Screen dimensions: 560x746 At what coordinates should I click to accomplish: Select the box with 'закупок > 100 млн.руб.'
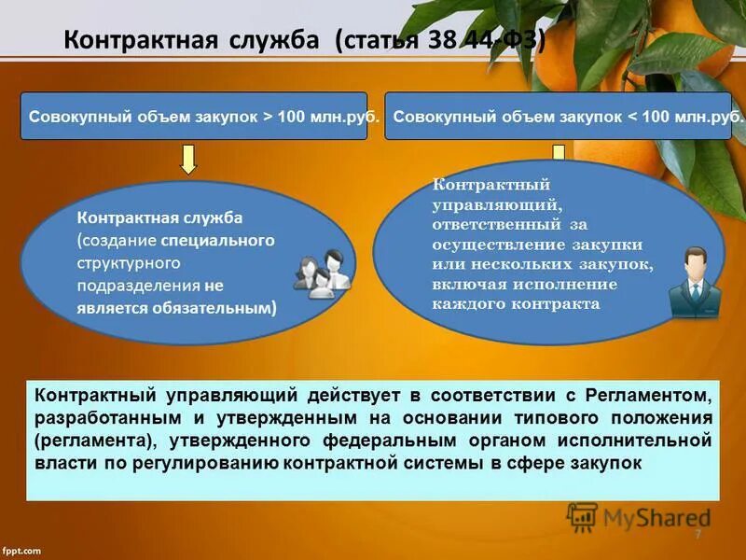click(193, 117)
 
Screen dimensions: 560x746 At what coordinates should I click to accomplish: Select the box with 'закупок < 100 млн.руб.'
click(564, 117)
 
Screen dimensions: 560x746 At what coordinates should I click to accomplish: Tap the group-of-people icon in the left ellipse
click(322, 273)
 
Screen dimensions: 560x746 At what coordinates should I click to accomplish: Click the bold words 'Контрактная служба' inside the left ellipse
click(159, 217)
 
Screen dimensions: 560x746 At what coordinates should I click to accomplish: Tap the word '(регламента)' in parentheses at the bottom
click(83, 439)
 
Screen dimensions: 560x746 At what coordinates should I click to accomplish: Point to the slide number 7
click(698, 534)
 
